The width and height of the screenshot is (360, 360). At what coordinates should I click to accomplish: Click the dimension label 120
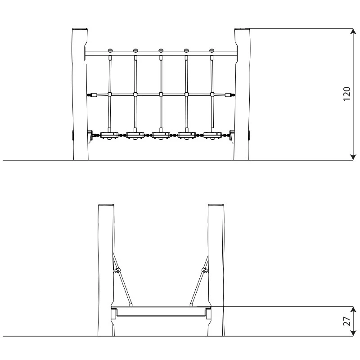coord(347,94)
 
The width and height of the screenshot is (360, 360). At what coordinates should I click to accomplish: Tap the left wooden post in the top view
coord(80,94)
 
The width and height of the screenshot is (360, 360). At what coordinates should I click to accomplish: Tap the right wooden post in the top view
coord(242,94)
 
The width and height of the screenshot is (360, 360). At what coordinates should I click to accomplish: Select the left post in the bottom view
coord(106,270)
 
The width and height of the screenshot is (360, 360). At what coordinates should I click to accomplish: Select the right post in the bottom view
coord(216,270)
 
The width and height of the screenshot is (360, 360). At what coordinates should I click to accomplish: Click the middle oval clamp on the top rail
coord(161,50)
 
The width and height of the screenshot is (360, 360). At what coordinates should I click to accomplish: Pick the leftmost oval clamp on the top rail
coord(110,50)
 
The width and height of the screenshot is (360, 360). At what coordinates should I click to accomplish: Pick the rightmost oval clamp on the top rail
coord(212,50)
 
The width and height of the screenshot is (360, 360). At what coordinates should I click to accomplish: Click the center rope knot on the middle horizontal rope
coord(161,94)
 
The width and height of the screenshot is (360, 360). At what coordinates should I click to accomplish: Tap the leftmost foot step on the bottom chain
coord(109,135)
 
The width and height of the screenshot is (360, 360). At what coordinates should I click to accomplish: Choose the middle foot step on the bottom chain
coord(161,135)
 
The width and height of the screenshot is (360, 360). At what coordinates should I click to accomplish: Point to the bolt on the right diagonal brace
coord(205,270)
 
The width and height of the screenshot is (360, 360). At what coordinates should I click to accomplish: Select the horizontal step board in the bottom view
coord(161,308)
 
